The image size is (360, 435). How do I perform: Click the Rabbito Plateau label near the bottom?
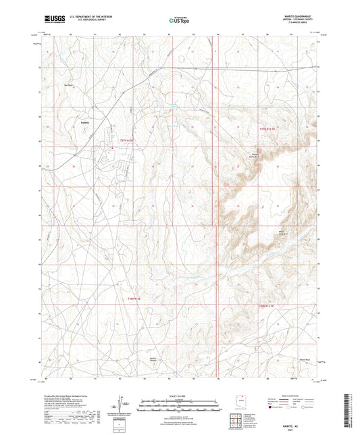coord(157,359)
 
